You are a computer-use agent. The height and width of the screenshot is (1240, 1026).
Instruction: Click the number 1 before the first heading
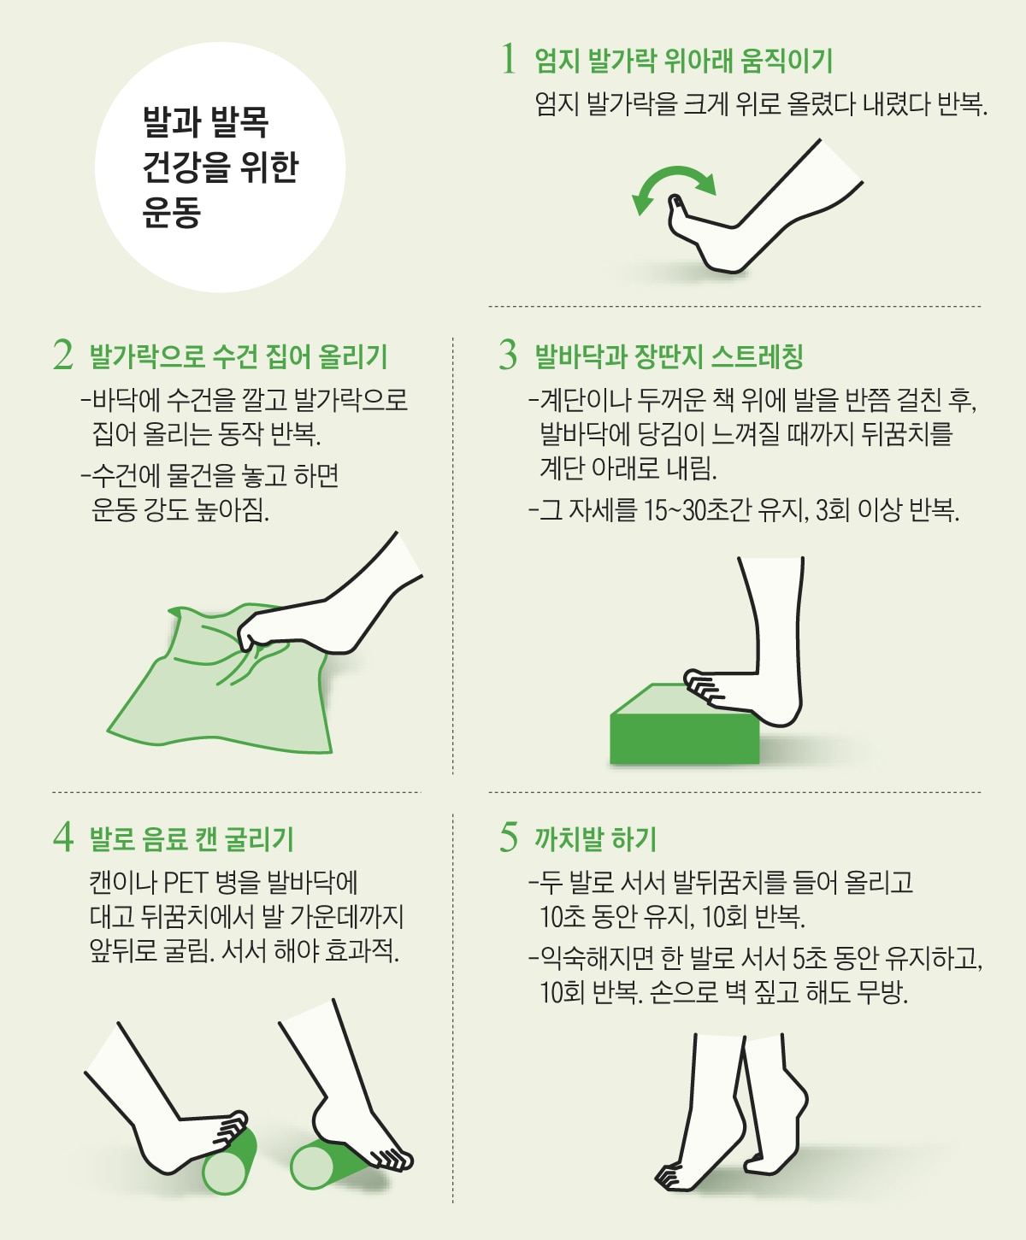tap(509, 60)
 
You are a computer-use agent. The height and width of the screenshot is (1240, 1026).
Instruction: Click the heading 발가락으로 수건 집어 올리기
tap(239, 356)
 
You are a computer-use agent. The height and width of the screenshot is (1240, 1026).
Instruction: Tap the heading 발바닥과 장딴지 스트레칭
tap(669, 356)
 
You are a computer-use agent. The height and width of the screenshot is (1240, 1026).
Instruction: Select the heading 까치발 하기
tap(595, 838)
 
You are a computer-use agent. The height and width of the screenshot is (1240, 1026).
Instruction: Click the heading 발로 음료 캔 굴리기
tap(192, 838)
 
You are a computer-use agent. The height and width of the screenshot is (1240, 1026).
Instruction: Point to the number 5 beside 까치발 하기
tap(509, 837)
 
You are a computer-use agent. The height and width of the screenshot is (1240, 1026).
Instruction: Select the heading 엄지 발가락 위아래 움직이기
tap(683, 60)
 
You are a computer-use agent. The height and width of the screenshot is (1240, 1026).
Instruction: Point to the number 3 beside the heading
tap(509, 355)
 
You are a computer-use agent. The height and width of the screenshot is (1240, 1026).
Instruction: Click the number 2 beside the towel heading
tap(62, 355)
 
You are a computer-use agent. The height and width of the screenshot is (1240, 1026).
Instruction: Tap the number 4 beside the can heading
tap(62, 837)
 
